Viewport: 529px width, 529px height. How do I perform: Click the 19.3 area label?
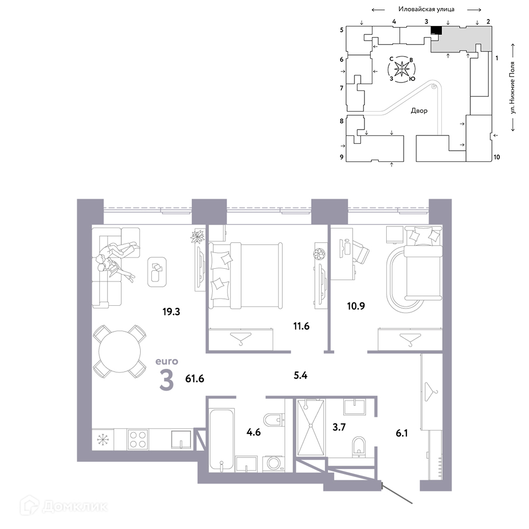pyautogui.click(x=171, y=312)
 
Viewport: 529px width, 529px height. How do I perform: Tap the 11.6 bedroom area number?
pyautogui.click(x=302, y=326)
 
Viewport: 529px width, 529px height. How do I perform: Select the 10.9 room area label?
pyautogui.click(x=356, y=306)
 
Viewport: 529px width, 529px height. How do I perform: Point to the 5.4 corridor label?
pyautogui.click(x=300, y=375)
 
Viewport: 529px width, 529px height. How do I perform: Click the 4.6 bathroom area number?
pyautogui.click(x=253, y=432)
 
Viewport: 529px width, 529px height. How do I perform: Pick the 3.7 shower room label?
pyautogui.click(x=339, y=427)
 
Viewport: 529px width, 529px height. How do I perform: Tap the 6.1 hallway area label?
pyautogui.click(x=402, y=433)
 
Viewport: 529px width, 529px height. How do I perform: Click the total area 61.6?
pyautogui.click(x=195, y=379)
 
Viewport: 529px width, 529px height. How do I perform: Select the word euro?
pyautogui.click(x=167, y=361)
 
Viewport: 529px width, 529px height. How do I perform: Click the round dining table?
pyautogui.click(x=120, y=352)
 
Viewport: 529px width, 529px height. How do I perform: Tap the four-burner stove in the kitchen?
pyautogui.click(x=138, y=439)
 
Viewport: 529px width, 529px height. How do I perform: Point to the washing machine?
pyautogui.click(x=273, y=463)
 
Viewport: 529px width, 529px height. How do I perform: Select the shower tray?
pyautogui.click(x=311, y=428)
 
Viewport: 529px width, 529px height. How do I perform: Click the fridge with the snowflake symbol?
pyautogui.click(x=103, y=439)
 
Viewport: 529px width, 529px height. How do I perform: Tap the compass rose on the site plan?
pyautogui.click(x=402, y=69)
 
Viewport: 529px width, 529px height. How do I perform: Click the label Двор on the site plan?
pyautogui.click(x=419, y=111)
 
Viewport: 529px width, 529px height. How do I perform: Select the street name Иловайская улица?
pyautogui.click(x=426, y=9)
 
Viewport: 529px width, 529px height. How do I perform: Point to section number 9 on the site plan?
pyautogui.click(x=342, y=157)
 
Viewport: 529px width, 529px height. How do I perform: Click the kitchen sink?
pyautogui.click(x=181, y=439)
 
